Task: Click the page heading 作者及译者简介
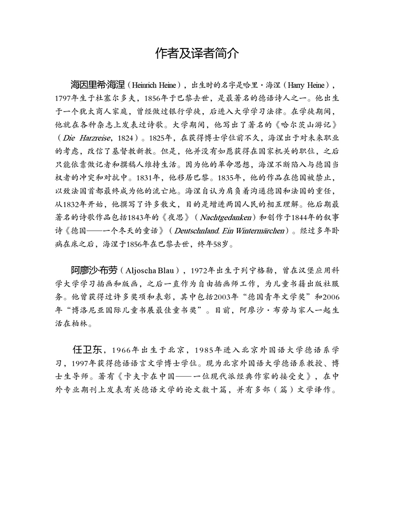tap(197, 53)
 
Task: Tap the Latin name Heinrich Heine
tap(155, 84)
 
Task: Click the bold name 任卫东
tap(88, 350)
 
